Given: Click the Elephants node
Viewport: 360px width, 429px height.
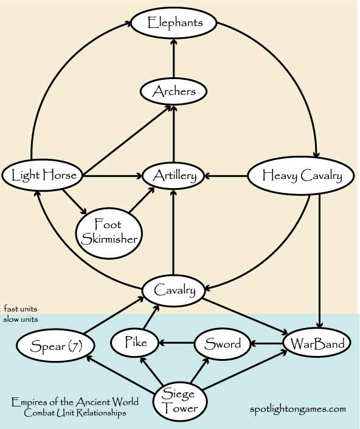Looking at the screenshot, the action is click(x=174, y=23).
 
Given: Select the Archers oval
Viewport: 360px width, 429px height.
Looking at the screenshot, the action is click(x=173, y=91).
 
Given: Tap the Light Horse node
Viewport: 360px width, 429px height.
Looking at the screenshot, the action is click(x=43, y=175).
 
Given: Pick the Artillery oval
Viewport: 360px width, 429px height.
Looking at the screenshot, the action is click(x=173, y=176).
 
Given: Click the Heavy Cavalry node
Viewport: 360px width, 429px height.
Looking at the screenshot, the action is click(x=301, y=176).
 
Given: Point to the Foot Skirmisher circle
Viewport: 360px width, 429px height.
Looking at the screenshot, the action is click(x=109, y=233).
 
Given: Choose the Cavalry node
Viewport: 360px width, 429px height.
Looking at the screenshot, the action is click(x=173, y=290).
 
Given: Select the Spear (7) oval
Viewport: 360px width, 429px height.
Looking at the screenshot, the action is click(x=56, y=346).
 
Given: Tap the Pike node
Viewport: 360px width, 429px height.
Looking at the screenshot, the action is click(x=135, y=343).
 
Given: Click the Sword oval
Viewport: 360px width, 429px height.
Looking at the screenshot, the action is click(x=223, y=344).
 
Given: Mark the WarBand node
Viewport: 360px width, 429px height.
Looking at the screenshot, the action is click(x=317, y=343).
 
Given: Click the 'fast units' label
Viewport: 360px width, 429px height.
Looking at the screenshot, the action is click(x=21, y=309).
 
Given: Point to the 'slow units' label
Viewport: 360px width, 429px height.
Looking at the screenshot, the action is click(x=21, y=319).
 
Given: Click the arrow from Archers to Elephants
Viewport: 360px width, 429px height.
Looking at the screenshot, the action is click(x=174, y=58).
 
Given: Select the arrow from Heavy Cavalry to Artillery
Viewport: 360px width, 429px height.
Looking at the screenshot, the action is click(x=226, y=176).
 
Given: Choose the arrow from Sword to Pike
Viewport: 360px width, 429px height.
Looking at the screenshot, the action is click(x=176, y=343).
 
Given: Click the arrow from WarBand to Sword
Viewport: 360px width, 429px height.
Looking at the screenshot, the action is click(x=267, y=343).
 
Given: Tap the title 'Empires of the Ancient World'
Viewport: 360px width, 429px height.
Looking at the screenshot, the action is click(x=75, y=402).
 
